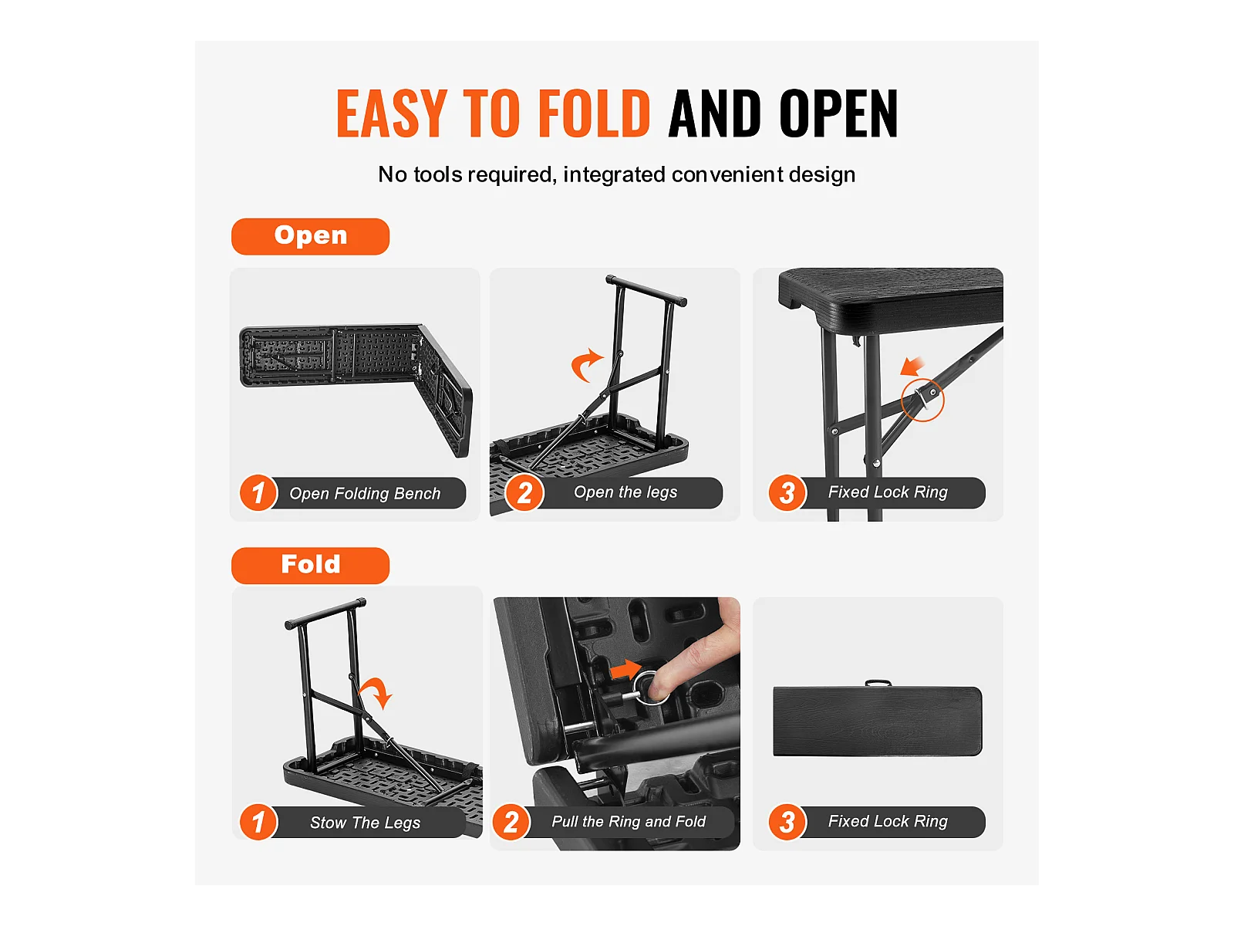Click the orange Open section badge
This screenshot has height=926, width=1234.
(310, 236)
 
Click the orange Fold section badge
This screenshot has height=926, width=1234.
(310, 565)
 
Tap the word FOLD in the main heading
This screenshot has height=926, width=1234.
(594, 113)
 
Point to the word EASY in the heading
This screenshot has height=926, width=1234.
(392, 113)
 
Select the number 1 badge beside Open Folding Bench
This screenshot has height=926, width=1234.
(258, 493)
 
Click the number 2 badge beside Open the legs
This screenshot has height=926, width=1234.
(524, 493)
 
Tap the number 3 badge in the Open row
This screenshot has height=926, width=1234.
(787, 493)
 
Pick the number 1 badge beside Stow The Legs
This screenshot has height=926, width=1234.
(258, 822)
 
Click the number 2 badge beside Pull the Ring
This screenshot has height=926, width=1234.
(511, 822)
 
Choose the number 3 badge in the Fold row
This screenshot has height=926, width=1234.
(787, 822)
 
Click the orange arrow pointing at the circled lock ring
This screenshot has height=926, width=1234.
(912, 366)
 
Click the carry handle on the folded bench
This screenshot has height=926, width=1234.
(878, 683)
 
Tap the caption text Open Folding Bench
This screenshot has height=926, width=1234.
(365, 494)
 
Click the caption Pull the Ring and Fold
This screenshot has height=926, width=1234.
(629, 821)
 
